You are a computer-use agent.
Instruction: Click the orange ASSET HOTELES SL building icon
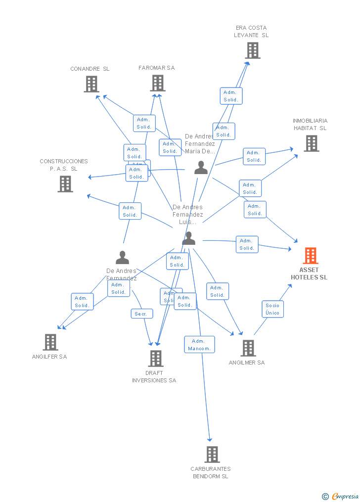[x=311, y=256]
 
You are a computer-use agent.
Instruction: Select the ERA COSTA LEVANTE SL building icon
[x=252, y=50]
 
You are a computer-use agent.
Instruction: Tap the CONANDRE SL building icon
[x=91, y=84]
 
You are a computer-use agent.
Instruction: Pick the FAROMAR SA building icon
[x=157, y=83]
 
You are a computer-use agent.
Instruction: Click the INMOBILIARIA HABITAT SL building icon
[x=311, y=143]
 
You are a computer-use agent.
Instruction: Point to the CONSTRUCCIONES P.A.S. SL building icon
[x=65, y=184]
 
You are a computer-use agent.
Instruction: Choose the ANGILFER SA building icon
[x=50, y=342]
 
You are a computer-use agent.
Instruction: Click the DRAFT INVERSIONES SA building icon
[x=156, y=359]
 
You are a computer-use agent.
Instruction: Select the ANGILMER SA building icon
[x=248, y=348]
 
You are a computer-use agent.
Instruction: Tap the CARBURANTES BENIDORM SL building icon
[x=212, y=454]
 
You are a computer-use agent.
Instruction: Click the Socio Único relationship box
[x=272, y=309]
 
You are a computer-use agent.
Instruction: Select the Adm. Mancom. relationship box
[x=199, y=345]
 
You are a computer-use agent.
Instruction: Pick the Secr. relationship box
[x=141, y=314]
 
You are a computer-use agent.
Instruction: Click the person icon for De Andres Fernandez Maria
[x=201, y=168]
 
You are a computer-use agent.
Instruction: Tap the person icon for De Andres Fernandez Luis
[x=188, y=239]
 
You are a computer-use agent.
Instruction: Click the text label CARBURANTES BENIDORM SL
[x=211, y=472]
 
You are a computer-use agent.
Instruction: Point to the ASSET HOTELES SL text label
[x=309, y=274]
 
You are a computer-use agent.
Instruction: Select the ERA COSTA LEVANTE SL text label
[x=251, y=32]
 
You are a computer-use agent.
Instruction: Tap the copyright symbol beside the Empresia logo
[x=325, y=496]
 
